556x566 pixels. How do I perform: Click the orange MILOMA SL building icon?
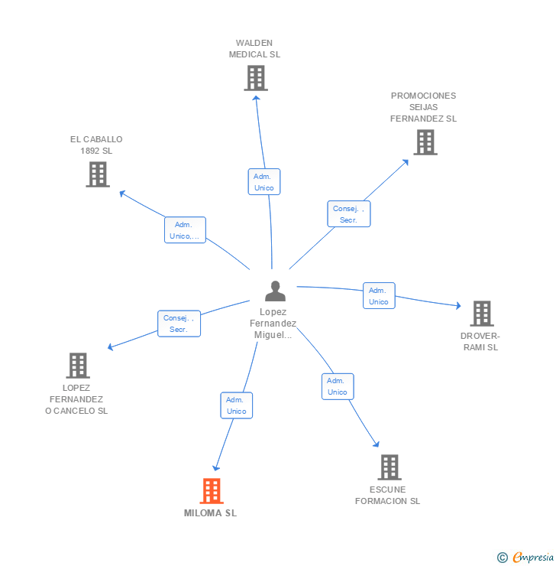tap(212, 491)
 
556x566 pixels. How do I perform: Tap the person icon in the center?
tap(275, 291)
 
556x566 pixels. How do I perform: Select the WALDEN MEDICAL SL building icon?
tap(256, 78)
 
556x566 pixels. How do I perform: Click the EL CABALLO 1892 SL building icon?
tap(98, 174)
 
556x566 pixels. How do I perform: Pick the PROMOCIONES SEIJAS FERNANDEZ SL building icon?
tap(425, 142)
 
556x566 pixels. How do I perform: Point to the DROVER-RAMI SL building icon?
tap(481, 314)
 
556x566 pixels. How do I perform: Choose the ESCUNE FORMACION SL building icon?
tap(390, 467)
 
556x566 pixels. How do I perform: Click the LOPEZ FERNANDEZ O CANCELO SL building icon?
tap(78, 366)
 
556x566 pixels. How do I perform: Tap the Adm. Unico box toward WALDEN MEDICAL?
tap(264, 182)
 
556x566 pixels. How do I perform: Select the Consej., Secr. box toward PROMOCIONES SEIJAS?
tap(349, 214)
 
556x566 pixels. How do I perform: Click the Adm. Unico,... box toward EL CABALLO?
tap(185, 230)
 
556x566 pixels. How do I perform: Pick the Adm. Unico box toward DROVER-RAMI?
tap(379, 296)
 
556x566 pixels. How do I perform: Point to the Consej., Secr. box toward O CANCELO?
tap(179, 324)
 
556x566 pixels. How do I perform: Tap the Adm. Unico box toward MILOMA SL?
tap(237, 405)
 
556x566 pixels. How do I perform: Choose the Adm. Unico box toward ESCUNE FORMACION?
tap(338, 386)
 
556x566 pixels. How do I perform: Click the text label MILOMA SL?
tap(211, 513)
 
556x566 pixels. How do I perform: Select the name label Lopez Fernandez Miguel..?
tap(273, 324)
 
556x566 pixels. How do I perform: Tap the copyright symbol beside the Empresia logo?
tap(503, 558)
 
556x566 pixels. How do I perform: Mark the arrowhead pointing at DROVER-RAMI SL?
tap(458, 305)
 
